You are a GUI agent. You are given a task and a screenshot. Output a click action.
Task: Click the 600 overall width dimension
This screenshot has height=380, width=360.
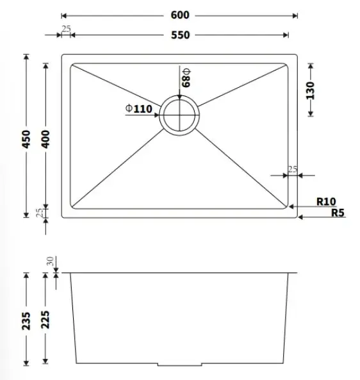[x=180, y=15]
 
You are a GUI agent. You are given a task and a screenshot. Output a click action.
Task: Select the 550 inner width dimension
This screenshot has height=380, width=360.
[x=180, y=35]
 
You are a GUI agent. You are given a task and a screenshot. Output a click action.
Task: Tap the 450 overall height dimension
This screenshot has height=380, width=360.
[x=26, y=139]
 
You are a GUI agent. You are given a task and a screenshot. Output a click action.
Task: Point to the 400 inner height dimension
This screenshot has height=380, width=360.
[x=45, y=139]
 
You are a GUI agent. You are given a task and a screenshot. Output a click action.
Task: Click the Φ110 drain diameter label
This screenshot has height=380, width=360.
[x=139, y=108]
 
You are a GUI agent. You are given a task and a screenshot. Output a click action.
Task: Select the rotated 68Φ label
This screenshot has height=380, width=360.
[x=186, y=78]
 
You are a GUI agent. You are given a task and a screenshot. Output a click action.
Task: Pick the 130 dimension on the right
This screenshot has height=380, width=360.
[x=310, y=90]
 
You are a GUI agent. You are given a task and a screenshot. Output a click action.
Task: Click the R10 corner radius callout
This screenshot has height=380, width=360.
[x=326, y=201]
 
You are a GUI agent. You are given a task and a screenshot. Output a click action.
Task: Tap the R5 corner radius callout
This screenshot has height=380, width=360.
[x=338, y=213]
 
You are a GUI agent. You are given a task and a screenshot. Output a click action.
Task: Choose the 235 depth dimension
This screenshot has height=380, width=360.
[x=26, y=321]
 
